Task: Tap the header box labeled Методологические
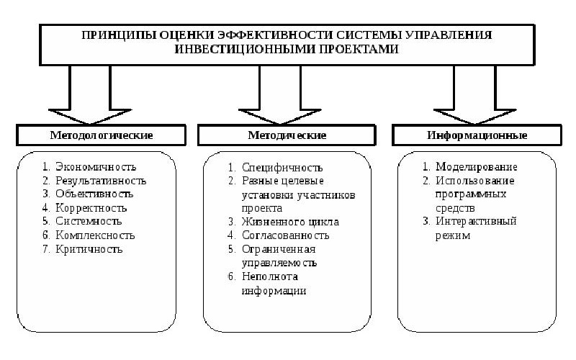tap(101, 135)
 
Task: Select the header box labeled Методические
tap(287, 135)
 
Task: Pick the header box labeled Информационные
tap(477, 135)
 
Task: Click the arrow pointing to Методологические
tap(89, 95)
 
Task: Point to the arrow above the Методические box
tap(280, 95)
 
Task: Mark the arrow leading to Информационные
tap(474, 95)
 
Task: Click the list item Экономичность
tap(96, 167)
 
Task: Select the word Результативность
tap(101, 181)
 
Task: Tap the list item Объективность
tap(94, 194)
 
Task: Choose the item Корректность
tap(91, 208)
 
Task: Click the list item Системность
tap(89, 221)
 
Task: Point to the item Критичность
tap(89, 249)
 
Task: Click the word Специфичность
tap(282, 168)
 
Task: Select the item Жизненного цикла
tap(290, 222)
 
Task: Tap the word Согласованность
tap(285, 235)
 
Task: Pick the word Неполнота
tap(269, 276)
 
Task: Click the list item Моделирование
tap(477, 167)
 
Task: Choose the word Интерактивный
tap(476, 221)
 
